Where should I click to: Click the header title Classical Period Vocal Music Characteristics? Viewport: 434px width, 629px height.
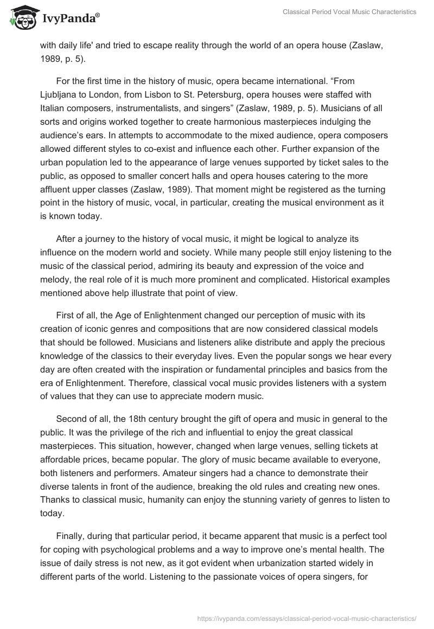click(x=349, y=12)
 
